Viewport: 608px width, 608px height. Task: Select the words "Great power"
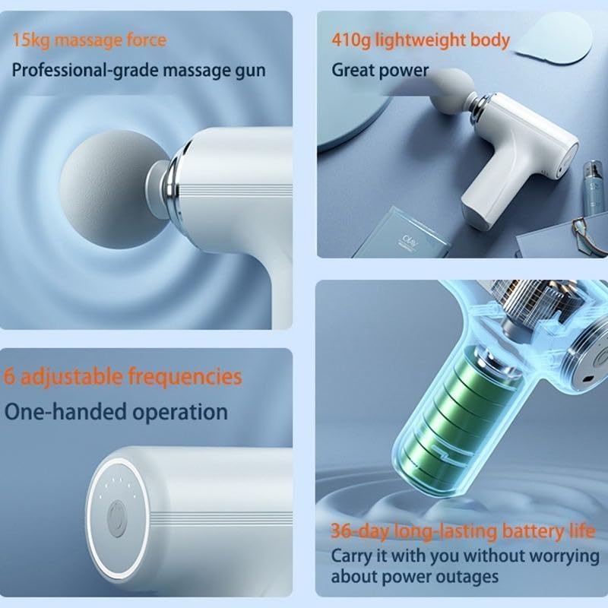(x=380, y=71)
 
